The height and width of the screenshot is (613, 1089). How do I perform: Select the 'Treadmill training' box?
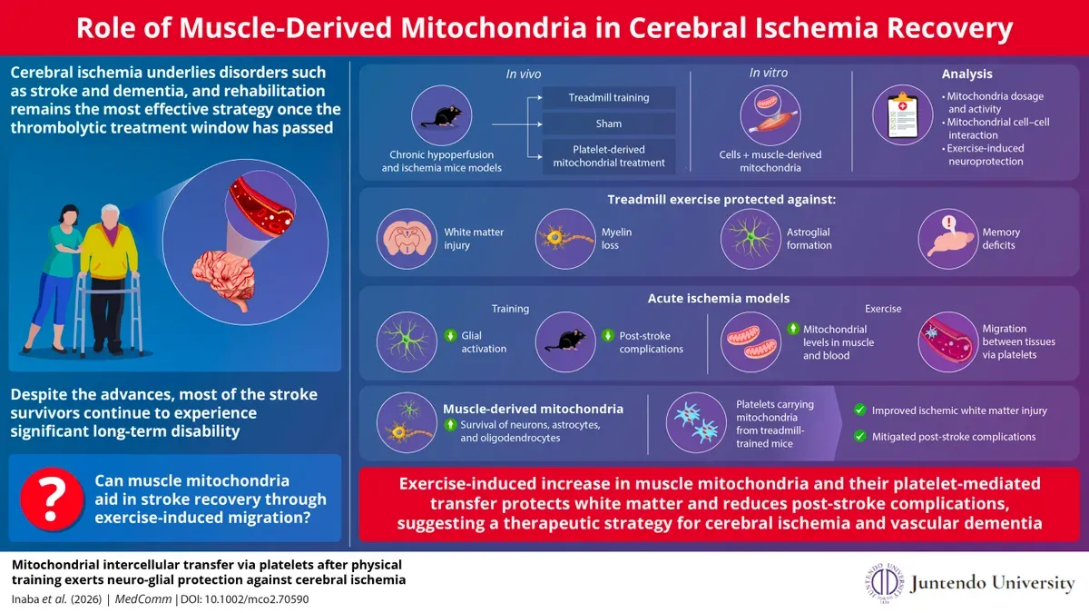click(609, 98)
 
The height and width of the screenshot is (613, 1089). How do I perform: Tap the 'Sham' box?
click(609, 124)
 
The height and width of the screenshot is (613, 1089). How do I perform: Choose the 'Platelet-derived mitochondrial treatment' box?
click(609, 155)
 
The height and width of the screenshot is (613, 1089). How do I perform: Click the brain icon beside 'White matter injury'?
click(405, 239)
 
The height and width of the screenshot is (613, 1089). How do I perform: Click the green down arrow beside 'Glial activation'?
click(450, 336)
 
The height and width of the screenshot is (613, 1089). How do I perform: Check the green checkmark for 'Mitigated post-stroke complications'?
click(858, 436)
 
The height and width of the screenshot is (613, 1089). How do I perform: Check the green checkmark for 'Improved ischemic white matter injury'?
click(858, 410)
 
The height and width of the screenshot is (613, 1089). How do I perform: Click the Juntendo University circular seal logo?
click(884, 582)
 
